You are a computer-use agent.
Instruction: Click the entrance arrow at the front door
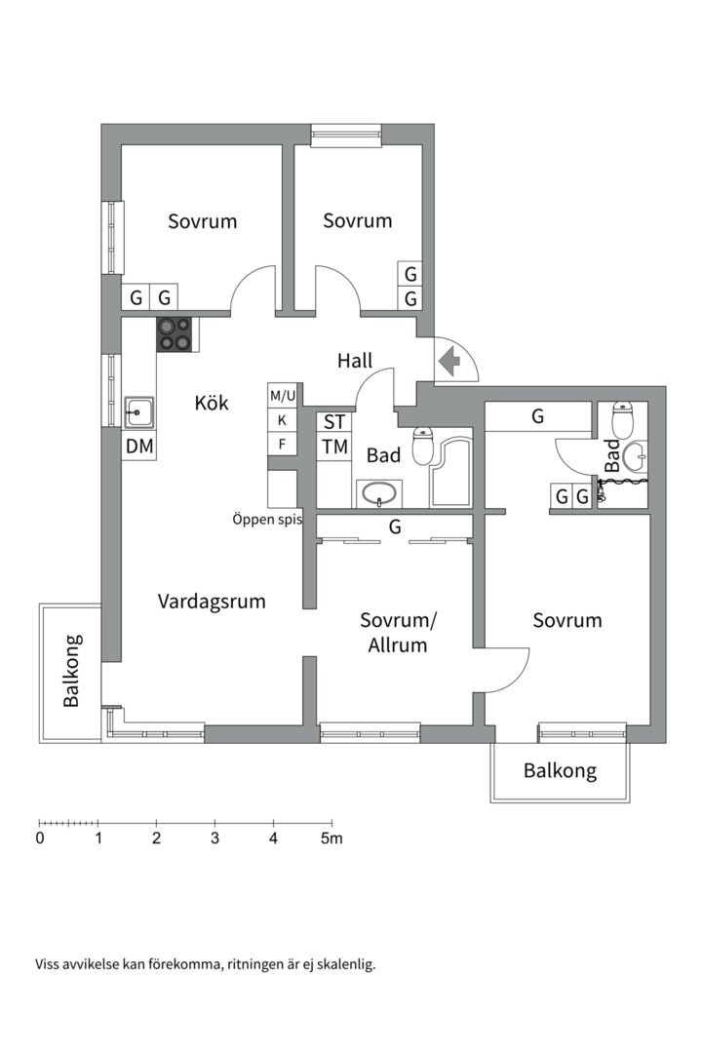pos(449,362)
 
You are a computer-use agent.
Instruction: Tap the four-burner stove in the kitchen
pos(175,334)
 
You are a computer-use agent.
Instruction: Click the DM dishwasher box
pos(138,447)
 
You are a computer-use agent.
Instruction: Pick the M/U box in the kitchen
pos(283,396)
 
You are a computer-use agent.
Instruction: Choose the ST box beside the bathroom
pos(334,422)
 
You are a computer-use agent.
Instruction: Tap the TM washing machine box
pos(334,447)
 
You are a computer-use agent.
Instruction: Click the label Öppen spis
pos(267,519)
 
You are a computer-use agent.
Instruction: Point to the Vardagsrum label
pos(212,602)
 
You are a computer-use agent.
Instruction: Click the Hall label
pos(355,361)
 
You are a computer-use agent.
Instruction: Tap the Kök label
pos(212,402)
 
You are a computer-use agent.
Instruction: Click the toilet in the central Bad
pos(423,446)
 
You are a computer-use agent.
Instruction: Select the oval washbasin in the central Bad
pos(378,493)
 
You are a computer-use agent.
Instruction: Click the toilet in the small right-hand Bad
pos(621,421)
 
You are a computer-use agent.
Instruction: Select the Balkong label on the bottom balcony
pos(560,771)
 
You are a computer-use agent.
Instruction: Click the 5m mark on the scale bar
pos(331,838)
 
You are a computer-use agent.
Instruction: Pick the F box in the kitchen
pos(283,445)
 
